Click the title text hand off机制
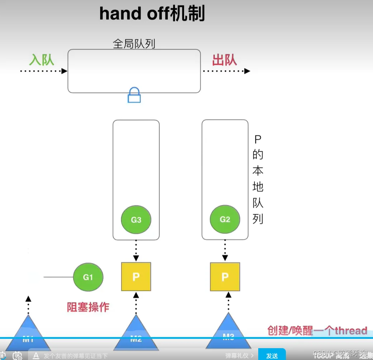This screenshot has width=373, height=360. (x=152, y=14)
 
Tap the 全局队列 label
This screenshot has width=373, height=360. (x=134, y=44)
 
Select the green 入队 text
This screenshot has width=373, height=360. (x=42, y=60)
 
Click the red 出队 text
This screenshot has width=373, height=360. (x=225, y=60)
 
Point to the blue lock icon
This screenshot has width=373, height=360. (x=134, y=95)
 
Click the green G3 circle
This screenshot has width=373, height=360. (x=136, y=220)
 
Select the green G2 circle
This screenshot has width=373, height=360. (x=225, y=219)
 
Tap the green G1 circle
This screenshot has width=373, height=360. (x=88, y=277)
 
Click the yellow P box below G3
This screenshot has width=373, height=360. (x=136, y=277)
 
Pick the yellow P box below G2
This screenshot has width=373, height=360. (x=225, y=277)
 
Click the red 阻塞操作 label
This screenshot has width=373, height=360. (x=88, y=307)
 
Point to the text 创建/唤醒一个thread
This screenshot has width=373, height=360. (x=317, y=330)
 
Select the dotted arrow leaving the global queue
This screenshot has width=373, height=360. (x=226, y=71)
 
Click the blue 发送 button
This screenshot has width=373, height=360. (x=272, y=355)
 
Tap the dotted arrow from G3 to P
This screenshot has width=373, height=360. (x=136, y=251)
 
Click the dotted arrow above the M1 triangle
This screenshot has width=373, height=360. (x=28, y=304)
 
